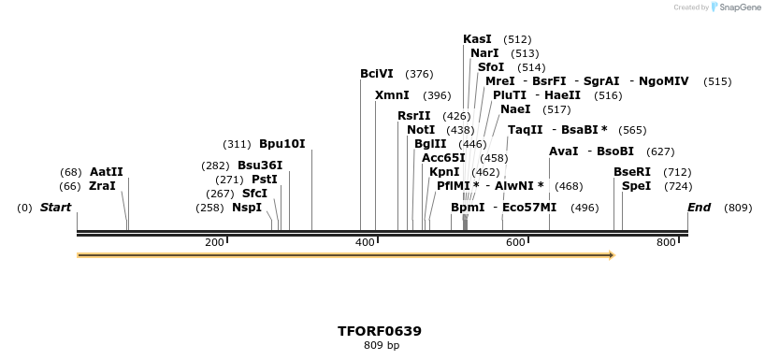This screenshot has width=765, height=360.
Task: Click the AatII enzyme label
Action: click(107, 172)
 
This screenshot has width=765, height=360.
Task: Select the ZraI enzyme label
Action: click(103, 186)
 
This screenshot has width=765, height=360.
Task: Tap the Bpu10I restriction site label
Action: click(281, 144)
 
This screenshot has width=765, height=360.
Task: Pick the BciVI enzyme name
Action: click(377, 74)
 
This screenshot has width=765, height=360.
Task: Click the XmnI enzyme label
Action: click(392, 95)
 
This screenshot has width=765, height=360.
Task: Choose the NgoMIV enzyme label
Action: click(663, 81)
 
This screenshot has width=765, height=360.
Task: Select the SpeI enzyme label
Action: click(636, 186)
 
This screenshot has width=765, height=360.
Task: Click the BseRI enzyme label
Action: click(631, 172)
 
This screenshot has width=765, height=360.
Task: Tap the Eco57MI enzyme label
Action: click(529, 208)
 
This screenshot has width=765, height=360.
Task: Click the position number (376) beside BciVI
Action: click(419, 74)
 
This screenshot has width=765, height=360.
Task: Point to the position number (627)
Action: click(660, 151)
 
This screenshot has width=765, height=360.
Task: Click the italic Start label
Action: click(55, 208)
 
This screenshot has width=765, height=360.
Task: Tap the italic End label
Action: click(699, 208)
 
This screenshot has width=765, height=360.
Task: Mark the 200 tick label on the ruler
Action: click(214, 243)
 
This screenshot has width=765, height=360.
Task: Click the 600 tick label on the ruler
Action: click(515, 243)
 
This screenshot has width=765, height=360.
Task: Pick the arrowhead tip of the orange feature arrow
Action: click(613, 254)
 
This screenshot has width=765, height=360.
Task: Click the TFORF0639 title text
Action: click(380, 331)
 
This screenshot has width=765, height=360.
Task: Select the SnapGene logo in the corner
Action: click(738, 7)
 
